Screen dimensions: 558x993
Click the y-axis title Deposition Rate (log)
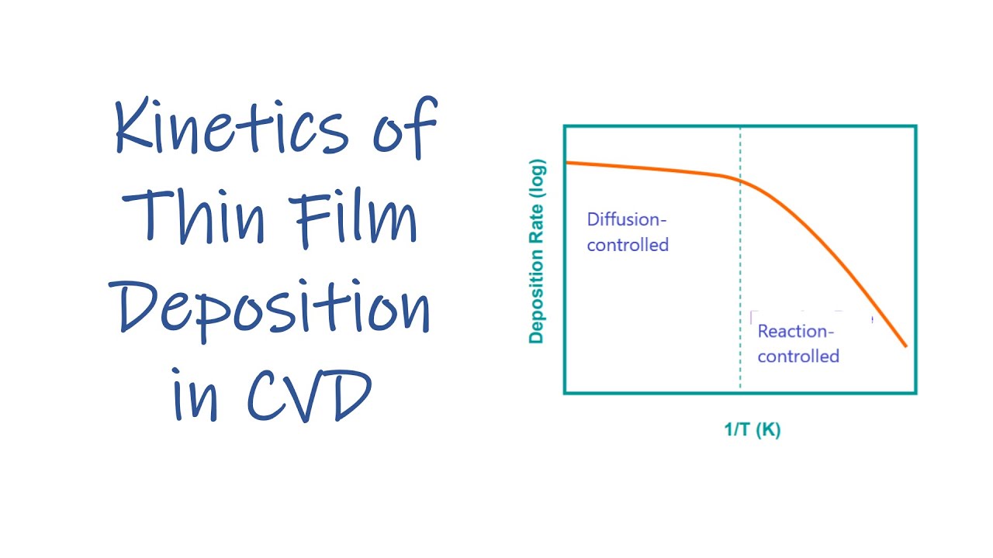[537, 251]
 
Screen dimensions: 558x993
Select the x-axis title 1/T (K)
[752, 429]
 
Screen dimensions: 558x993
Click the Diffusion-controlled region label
[628, 232]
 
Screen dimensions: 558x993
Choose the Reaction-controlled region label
[798, 344]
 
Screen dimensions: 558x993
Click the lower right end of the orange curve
[905, 346]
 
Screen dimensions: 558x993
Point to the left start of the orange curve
[567, 162]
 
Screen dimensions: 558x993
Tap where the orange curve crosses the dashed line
[740, 181]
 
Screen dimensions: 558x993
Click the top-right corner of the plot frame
[915, 126]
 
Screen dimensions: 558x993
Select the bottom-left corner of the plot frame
[565, 393]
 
